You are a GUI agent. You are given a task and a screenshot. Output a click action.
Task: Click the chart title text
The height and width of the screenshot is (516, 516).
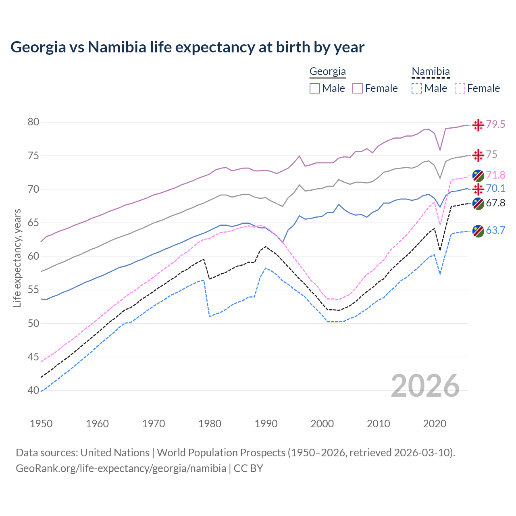(187, 47)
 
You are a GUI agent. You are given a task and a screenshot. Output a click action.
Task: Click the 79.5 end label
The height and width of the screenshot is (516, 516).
(495, 125)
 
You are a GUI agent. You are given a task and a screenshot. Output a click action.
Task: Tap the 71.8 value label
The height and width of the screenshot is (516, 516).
(495, 175)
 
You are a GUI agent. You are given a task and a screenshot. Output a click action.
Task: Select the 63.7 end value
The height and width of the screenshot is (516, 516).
(495, 231)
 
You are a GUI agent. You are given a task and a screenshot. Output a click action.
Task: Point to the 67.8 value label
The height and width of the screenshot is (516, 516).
(495, 203)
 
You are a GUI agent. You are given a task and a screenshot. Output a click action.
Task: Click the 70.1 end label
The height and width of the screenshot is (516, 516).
(495, 189)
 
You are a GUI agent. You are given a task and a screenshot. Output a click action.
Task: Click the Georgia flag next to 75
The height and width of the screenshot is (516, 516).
(478, 155)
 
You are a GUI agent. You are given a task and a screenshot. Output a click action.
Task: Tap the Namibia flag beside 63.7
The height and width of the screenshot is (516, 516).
(478, 231)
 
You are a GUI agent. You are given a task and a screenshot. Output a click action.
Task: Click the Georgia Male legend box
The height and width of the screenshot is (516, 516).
(315, 88)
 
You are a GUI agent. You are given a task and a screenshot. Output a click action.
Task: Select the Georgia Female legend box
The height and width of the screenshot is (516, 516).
(358, 88)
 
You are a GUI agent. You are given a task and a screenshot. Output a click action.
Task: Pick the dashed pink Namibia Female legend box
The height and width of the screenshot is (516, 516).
(460, 88)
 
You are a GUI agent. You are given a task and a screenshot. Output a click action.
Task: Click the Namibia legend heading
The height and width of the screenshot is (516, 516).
(431, 72)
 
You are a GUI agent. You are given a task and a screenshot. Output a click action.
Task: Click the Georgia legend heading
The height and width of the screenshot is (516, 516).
(327, 72)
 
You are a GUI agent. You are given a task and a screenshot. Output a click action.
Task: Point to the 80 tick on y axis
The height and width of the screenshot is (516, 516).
(33, 122)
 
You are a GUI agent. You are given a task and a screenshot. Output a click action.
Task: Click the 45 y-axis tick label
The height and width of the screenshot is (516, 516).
(33, 357)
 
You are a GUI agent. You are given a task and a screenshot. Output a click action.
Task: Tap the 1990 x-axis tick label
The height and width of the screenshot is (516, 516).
(266, 424)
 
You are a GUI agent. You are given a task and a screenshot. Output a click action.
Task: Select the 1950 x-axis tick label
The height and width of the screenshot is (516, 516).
(42, 424)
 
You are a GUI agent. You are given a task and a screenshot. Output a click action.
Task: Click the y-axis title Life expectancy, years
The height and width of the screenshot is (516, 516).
(17, 258)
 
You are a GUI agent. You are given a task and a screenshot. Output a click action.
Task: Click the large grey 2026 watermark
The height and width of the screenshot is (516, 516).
(425, 386)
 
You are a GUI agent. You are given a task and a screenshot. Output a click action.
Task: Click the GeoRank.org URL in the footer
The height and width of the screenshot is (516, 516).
(121, 468)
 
